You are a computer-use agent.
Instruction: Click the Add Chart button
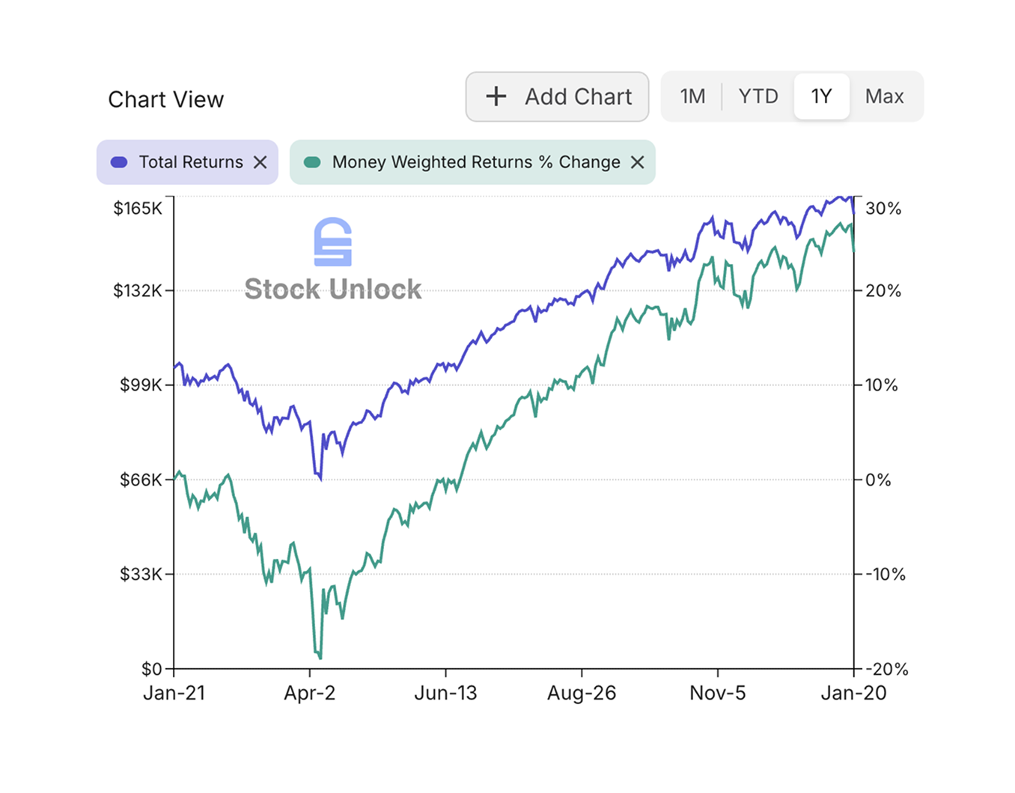tap(557, 97)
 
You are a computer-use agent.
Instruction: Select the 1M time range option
tap(692, 97)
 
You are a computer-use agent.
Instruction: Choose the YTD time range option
tap(758, 97)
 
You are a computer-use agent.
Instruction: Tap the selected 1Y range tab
tap(821, 97)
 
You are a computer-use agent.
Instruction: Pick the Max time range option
tap(884, 97)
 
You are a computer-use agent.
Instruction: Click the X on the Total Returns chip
tap(260, 162)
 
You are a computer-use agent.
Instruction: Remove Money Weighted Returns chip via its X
tap(637, 162)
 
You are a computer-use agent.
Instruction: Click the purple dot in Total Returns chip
tap(119, 162)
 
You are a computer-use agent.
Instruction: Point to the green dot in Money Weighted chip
tap(312, 162)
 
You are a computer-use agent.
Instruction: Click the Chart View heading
tap(165, 99)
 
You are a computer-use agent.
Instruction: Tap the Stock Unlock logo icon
tap(332, 242)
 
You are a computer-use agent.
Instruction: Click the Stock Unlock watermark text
tap(332, 290)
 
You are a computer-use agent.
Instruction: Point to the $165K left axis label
tap(138, 209)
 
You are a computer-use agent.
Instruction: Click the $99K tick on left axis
tap(141, 385)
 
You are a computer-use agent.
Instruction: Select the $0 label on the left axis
tap(151, 669)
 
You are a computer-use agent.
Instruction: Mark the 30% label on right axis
tap(883, 209)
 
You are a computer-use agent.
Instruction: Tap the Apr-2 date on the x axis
tap(309, 693)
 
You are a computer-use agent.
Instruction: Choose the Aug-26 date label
tap(582, 693)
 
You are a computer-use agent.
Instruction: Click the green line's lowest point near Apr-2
tap(320, 658)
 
